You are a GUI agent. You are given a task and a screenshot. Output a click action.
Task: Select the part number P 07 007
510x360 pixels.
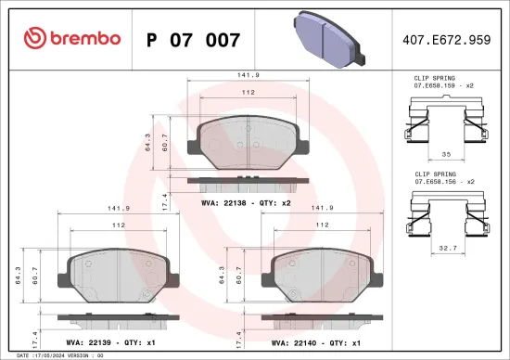(x=194, y=40)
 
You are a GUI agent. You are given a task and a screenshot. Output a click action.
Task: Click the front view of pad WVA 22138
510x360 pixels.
(x=247, y=145)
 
